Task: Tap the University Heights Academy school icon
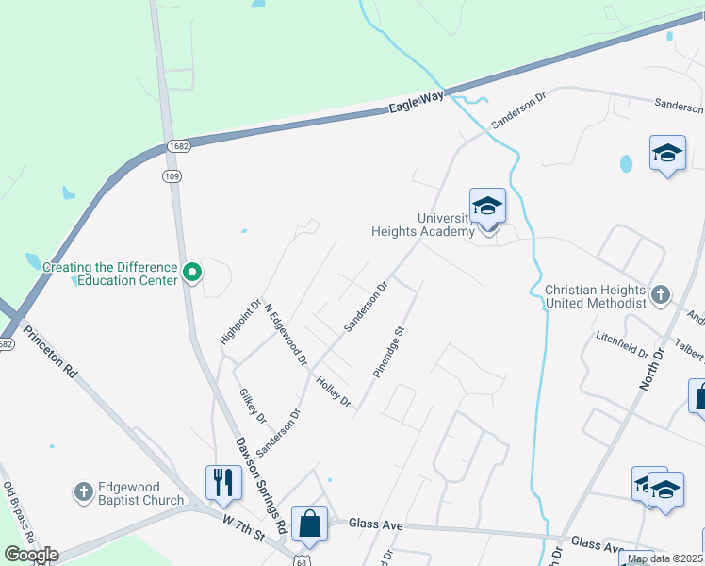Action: [x=487, y=206]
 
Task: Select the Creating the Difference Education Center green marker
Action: [x=192, y=274]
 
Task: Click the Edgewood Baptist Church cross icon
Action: [x=83, y=491]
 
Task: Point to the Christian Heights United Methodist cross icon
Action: [x=660, y=292]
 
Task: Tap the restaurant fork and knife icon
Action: [x=223, y=482]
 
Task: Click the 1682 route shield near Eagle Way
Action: [x=179, y=146]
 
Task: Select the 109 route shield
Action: [x=172, y=176]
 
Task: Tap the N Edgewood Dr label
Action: [x=287, y=334]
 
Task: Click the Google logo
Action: [x=32, y=555]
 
